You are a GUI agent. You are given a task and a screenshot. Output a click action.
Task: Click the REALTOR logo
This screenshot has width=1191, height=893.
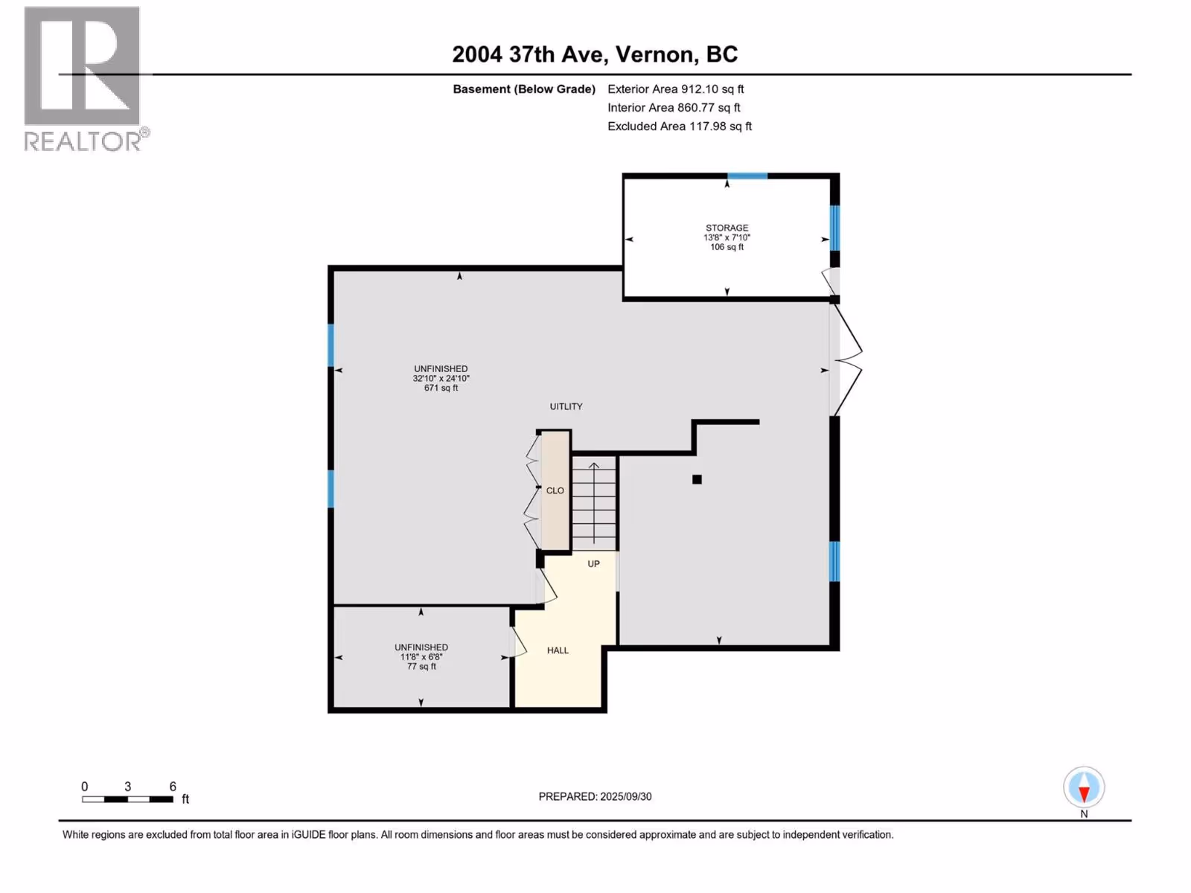click(86, 79)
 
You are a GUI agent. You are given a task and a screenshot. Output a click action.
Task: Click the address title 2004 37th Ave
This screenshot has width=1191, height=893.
click(527, 54)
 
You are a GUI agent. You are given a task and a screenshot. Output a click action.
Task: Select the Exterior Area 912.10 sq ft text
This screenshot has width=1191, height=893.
click(676, 89)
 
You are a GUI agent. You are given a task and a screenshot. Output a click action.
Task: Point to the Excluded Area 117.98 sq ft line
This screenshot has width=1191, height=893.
click(680, 127)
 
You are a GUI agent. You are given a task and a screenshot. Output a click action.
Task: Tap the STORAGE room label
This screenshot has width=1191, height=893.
click(727, 228)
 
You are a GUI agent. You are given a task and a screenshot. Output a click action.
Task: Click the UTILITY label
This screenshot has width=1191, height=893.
click(566, 406)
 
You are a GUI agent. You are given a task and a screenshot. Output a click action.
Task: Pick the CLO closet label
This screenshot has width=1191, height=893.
click(555, 490)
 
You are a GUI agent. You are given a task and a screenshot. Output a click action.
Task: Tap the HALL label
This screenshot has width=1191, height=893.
click(558, 650)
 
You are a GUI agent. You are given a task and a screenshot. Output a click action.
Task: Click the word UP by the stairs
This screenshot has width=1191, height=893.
click(593, 564)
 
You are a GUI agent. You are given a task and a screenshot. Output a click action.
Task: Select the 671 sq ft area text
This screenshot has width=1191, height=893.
click(441, 388)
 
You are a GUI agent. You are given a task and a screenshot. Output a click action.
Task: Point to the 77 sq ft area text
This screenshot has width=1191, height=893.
click(421, 666)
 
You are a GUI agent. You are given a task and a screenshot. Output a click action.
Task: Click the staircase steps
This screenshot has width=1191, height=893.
click(594, 503)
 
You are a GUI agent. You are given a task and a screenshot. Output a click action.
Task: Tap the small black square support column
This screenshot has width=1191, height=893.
click(697, 479)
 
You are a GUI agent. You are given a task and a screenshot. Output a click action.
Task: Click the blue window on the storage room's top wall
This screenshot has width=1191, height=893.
click(747, 176)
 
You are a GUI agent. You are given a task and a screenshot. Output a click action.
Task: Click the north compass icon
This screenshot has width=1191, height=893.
click(1084, 787)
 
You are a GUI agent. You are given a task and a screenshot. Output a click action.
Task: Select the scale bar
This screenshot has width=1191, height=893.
click(127, 799)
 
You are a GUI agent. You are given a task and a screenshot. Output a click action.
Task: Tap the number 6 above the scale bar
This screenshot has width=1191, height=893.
click(173, 786)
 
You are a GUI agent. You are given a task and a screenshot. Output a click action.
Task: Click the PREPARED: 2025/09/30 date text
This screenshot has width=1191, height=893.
click(595, 796)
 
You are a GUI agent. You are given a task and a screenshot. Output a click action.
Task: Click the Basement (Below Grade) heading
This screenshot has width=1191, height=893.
click(524, 89)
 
